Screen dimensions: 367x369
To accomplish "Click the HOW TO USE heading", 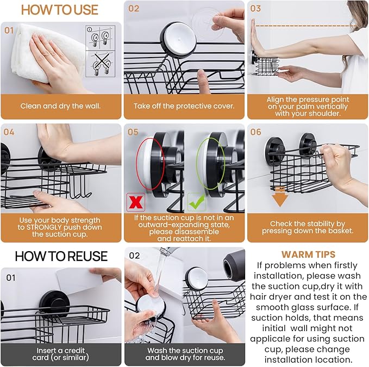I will (60, 10).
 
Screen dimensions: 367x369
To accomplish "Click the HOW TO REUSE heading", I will (61, 256).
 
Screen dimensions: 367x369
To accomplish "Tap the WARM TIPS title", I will (308, 254).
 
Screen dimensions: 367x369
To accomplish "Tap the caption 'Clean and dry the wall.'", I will (61, 106).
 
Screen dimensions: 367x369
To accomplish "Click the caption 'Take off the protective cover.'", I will (184, 106).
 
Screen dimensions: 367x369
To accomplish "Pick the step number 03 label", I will (255, 9).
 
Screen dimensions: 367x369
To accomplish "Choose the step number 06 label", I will (255, 132).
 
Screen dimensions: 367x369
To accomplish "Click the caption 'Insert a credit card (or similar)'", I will (61, 354).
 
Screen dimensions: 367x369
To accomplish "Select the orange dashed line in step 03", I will (304, 26).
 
